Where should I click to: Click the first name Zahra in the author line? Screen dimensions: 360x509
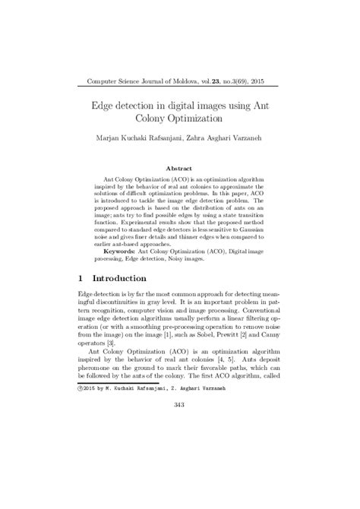(201, 140)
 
